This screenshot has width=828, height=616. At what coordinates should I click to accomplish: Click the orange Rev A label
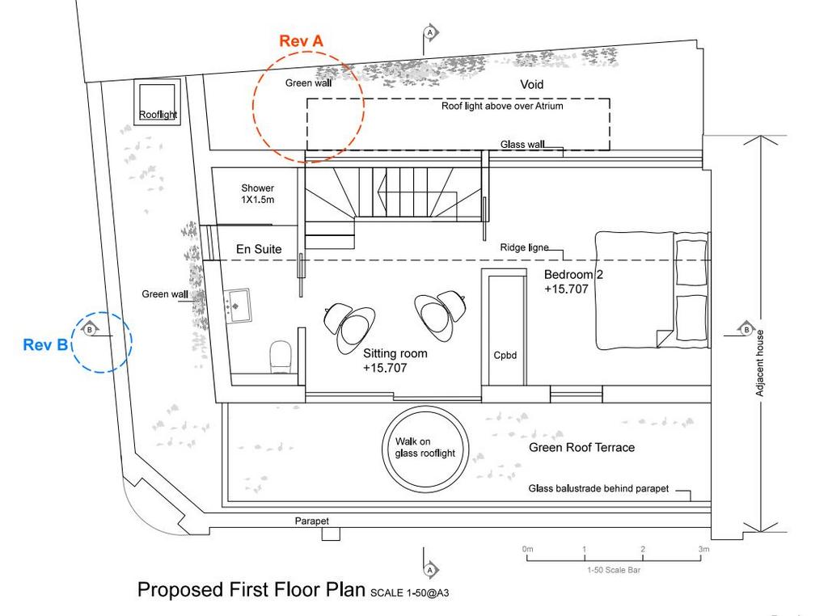[x=301, y=40]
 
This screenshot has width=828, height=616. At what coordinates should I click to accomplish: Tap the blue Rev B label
[x=45, y=344]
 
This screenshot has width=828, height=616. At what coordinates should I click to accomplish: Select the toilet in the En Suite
[x=281, y=357]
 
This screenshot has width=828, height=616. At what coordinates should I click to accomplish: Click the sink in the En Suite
[x=238, y=305]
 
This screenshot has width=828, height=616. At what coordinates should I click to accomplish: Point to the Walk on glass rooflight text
[x=425, y=447]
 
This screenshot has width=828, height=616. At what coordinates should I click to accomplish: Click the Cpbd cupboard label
[x=505, y=355]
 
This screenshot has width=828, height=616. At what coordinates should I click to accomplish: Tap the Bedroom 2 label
[x=573, y=275]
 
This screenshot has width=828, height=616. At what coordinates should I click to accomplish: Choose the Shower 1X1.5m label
[x=258, y=194]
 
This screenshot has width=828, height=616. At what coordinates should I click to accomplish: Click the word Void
[x=532, y=84]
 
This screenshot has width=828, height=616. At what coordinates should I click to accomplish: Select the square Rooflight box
[x=158, y=102]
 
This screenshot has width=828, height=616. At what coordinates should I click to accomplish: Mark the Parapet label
[x=311, y=521]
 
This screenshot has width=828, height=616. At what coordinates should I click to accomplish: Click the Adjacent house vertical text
[x=759, y=363]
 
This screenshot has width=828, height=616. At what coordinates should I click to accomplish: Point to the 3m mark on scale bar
[x=704, y=549]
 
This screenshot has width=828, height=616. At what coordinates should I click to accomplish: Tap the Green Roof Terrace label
[x=582, y=448]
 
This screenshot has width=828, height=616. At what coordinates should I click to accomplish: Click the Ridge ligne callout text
[x=524, y=247]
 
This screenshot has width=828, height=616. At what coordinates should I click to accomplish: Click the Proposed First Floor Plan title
[x=251, y=589]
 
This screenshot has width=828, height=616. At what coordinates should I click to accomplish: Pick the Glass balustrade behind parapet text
[x=599, y=489]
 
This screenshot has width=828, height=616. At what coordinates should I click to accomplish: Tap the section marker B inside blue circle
[x=90, y=330]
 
